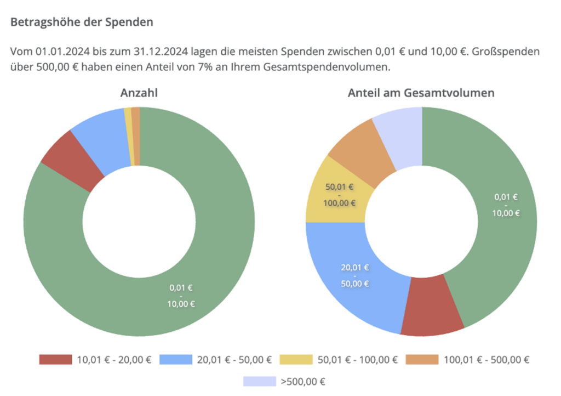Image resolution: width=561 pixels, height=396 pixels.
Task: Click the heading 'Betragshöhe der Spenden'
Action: click(x=82, y=22)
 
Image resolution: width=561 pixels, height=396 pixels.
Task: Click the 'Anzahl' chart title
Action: click(x=139, y=93)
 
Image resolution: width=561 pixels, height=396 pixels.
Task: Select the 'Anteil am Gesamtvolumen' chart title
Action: click(x=421, y=93)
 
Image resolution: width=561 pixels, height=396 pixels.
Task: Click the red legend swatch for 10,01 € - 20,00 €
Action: click(x=55, y=360)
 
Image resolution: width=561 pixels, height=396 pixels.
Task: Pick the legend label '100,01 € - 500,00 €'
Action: click(x=486, y=360)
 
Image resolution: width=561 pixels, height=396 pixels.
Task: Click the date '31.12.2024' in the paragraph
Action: click(x=157, y=52)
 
